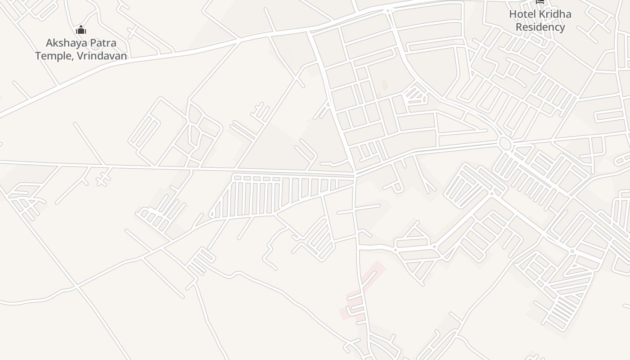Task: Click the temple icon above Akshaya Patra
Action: point(81,30)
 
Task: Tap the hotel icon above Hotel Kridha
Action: point(540,2)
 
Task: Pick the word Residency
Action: point(540,27)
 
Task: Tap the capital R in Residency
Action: point(519,27)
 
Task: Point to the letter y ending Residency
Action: point(562,28)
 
